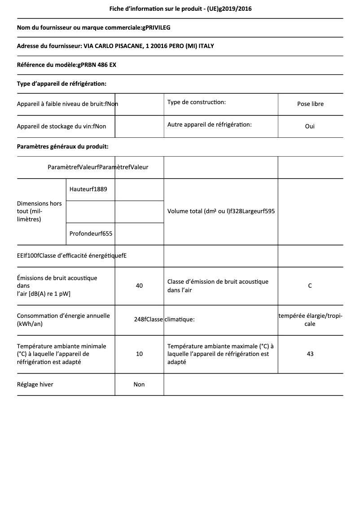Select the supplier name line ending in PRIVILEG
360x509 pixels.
point(93,28)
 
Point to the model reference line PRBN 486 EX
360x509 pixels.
point(66,65)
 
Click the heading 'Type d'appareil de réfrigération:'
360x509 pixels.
point(61,83)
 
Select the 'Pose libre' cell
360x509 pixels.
point(310,104)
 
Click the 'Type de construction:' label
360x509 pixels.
point(196,102)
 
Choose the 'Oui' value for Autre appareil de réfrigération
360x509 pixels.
point(310,126)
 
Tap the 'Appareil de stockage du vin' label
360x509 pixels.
point(61,127)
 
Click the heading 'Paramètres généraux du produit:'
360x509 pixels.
point(62,146)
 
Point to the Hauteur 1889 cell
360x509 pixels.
point(88,189)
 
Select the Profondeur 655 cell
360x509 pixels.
point(91,233)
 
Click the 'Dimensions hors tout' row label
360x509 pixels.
point(40,211)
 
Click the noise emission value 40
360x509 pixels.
point(139,285)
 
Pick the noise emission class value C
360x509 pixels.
point(310,285)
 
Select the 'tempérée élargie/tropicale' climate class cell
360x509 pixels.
point(310,320)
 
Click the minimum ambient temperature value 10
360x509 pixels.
point(139,354)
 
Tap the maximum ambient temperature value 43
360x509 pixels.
point(310,354)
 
